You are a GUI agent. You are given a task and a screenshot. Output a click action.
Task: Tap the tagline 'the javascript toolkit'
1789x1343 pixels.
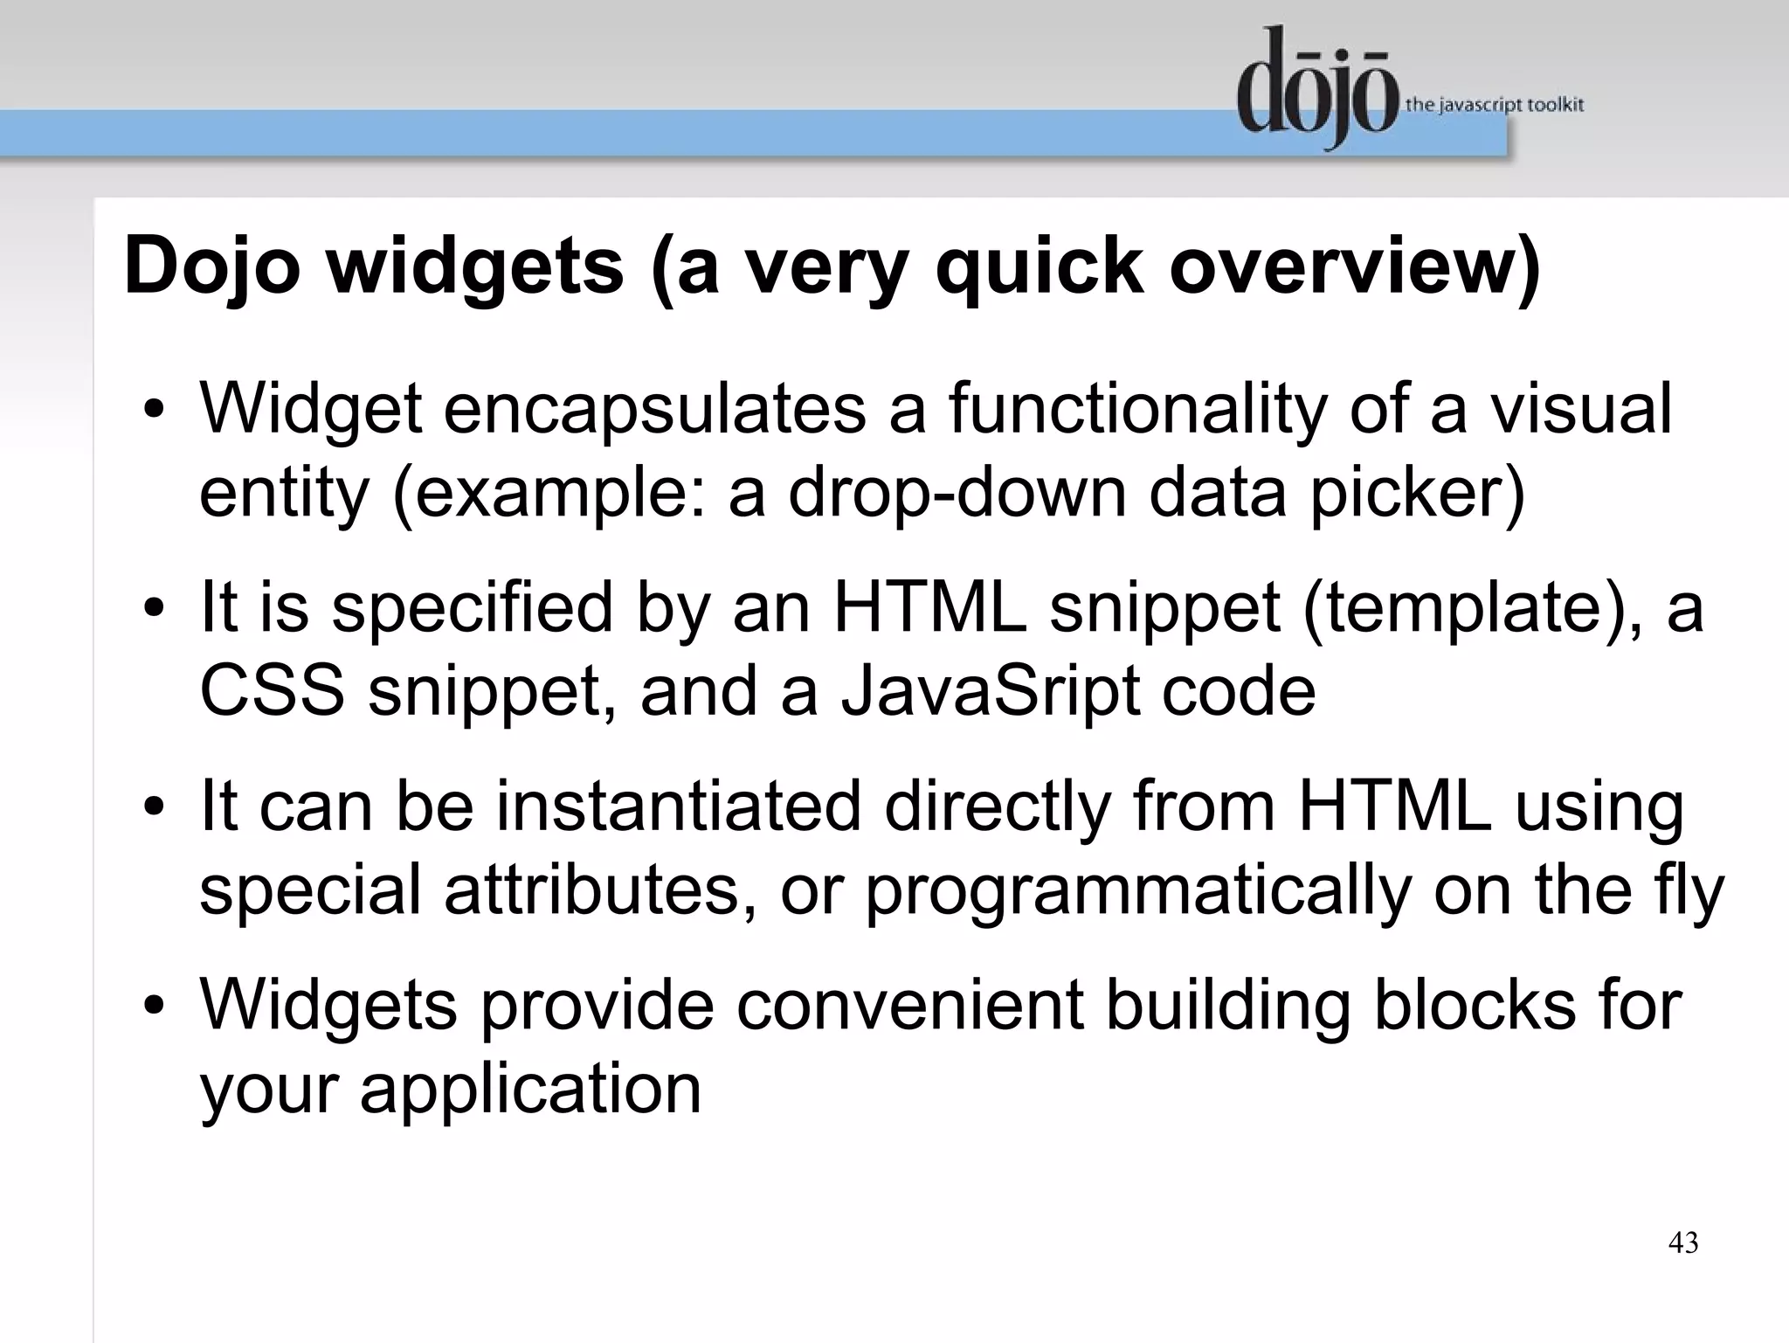(1494, 105)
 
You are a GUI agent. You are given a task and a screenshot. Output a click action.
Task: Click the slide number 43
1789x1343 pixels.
(1683, 1243)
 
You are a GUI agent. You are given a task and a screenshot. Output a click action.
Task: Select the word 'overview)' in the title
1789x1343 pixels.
(1355, 266)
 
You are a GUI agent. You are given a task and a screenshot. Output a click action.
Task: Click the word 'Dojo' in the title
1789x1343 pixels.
(212, 266)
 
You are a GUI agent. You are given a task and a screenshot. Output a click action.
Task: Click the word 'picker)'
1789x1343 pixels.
(1416, 493)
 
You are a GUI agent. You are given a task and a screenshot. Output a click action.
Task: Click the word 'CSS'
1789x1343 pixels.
(272, 690)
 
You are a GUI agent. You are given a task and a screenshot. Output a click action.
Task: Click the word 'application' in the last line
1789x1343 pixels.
(530, 1089)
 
